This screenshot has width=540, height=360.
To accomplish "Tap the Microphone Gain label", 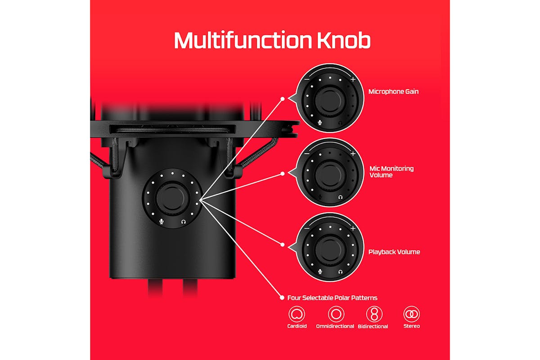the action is [x=393, y=92].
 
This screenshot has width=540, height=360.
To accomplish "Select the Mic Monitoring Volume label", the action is [x=391, y=172].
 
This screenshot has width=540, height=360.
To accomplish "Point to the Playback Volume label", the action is [x=394, y=252].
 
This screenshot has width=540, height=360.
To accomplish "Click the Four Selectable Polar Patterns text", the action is [x=332, y=298].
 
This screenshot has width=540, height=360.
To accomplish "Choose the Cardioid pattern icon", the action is [x=297, y=314].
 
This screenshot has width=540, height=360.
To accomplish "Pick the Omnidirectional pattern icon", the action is [x=336, y=314].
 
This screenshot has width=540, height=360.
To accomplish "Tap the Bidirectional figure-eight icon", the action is [x=374, y=314].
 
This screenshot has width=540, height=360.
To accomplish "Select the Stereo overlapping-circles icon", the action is [x=411, y=314].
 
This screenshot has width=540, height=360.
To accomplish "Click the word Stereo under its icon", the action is [x=411, y=326].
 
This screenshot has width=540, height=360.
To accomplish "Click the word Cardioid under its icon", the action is [x=297, y=326].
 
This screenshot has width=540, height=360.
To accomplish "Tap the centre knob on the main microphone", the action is [x=172, y=198].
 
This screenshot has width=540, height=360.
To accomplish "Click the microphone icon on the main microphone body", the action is [x=162, y=221].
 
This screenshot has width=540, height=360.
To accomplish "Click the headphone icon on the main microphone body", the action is [x=184, y=221].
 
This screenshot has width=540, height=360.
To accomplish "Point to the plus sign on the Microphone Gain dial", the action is [x=353, y=79].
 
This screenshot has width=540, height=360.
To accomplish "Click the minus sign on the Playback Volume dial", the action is [x=307, y=228].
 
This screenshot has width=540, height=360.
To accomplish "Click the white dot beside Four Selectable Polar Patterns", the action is [x=282, y=298].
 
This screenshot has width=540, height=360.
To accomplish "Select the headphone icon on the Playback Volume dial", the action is [x=340, y=272].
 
